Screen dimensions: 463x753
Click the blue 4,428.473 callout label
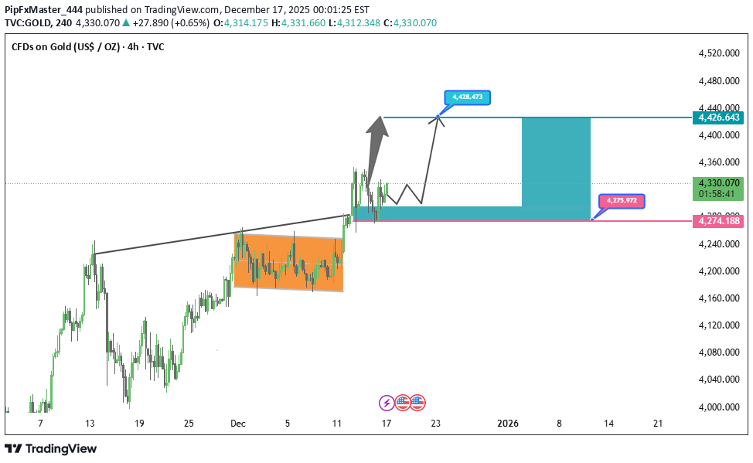[467, 97]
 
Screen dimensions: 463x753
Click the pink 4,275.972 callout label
[621, 201]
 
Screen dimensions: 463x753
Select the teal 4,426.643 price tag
[719, 117]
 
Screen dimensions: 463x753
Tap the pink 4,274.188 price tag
[719, 221]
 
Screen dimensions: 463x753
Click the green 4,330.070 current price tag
[719, 183]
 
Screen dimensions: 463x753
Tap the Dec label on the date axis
[237, 424]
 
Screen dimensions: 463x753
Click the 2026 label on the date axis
[507, 424]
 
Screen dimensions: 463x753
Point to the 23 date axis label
[436, 424]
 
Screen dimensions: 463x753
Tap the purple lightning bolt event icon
[386, 402]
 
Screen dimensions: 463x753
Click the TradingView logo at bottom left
[51, 449]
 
